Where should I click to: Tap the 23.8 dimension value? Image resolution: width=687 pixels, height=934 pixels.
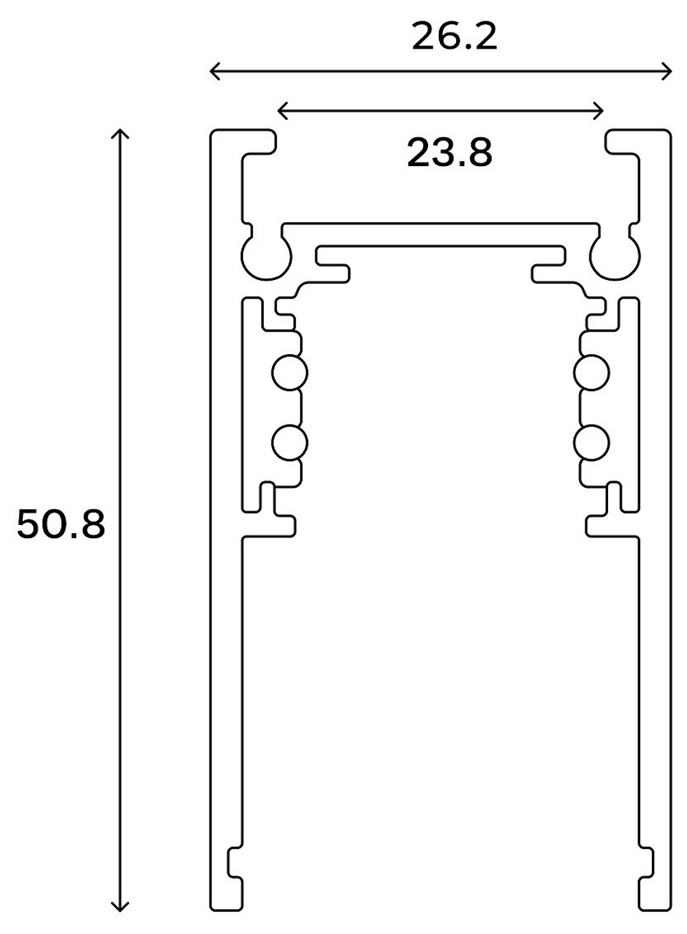(450, 152)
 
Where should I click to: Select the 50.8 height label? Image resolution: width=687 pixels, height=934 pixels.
(61, 525)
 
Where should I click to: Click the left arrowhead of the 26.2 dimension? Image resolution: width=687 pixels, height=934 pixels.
(213, 70)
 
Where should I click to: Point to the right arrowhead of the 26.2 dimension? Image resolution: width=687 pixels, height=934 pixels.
(668, 70)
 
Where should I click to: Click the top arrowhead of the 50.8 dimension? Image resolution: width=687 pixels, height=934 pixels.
(120, 132)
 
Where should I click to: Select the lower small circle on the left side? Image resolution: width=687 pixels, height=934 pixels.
(289, 443)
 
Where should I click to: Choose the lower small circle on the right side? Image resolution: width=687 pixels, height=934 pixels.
(592, 443)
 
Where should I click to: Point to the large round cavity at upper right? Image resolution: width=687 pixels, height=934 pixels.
(615, 256)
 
